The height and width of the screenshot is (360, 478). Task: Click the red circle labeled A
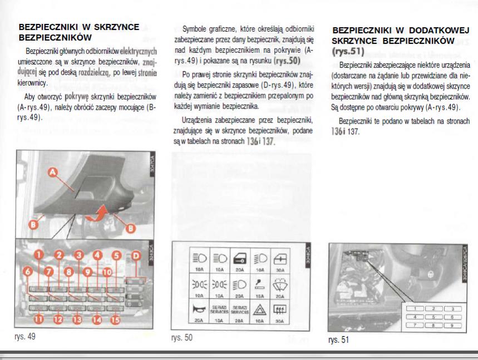(x=53, y=174)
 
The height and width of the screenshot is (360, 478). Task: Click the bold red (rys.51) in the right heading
(x=347, y=52)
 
